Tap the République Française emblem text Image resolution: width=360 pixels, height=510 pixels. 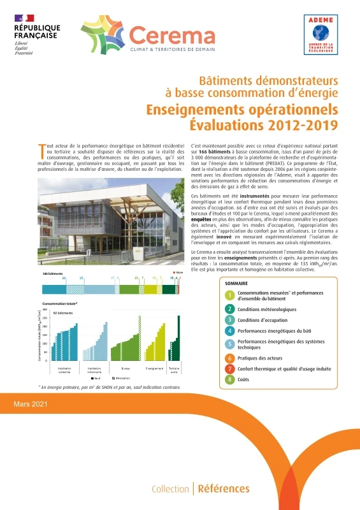pyautogui.click(x=37, y=33)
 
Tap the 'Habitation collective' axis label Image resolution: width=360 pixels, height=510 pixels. pyautogui.click(x=65, y=370)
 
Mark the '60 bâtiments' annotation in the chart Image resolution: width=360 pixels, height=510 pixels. pyautogui.click(x=61, y=314)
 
